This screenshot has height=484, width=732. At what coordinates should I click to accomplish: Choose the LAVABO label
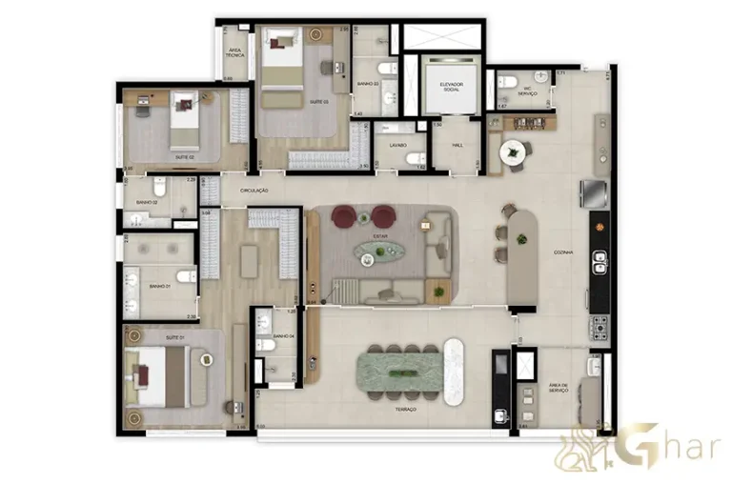396,145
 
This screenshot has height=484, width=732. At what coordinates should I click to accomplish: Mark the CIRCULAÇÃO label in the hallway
254,191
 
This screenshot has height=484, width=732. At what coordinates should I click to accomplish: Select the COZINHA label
562,252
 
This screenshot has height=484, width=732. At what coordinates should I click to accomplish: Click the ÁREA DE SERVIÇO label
559,388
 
